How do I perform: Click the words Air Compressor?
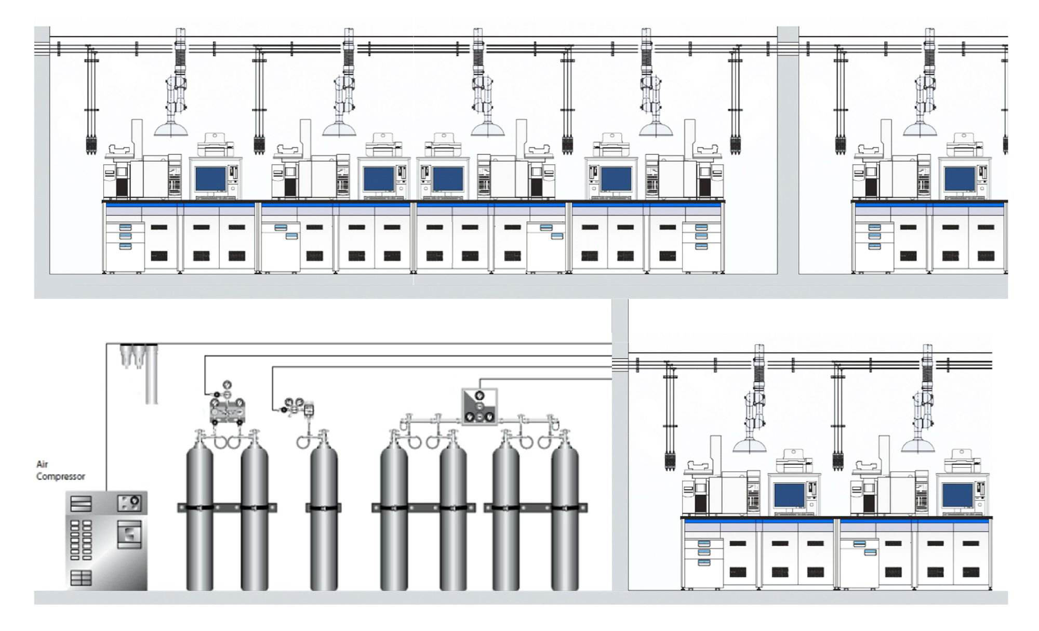pyautogui.click(x=60, y=470)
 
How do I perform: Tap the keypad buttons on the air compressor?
pyautogui.click(x=81, y=540)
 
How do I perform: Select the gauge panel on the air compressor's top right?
pyautogui.click(x=129, y=503)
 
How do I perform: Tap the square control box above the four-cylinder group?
pyautogui.click(x=479, y=406)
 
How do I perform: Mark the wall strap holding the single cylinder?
pyautogui.click(x=324, y=507)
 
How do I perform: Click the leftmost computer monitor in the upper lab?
pyautogui.click(x=210, y=178)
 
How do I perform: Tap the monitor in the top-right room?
pyautogui.click(x=960, y=178)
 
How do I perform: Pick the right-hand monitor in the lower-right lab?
pyautogui.click(x=957, y=495)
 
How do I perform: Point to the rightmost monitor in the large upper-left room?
pyautogui.click(x=616, y=178)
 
